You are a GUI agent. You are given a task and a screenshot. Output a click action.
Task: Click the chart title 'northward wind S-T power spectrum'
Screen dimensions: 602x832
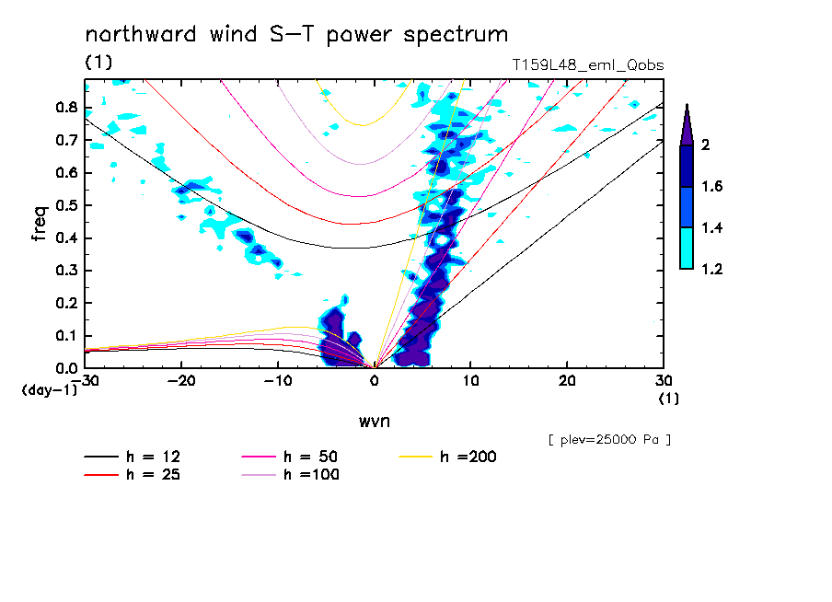296,35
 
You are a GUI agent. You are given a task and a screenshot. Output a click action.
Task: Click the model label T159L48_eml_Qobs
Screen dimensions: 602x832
587,65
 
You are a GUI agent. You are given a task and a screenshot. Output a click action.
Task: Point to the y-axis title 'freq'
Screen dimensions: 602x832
39,223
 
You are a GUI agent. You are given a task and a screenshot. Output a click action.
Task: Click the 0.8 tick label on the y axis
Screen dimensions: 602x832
64,107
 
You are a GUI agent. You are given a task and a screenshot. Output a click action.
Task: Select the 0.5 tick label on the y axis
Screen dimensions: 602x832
64,205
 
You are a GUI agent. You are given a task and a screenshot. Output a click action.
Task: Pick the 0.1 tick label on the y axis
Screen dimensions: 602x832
64,336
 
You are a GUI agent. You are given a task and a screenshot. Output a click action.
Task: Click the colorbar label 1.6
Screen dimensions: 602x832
712,186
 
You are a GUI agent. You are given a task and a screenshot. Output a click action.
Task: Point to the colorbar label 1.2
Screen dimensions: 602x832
712,269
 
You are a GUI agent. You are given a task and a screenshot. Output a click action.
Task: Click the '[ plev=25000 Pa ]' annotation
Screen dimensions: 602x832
609,440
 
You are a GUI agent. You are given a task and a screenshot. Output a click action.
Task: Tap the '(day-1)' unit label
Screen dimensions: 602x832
47,389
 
